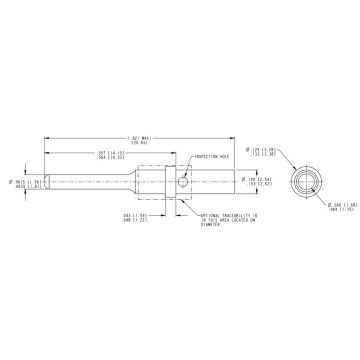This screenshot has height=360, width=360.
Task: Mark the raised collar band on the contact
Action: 169,181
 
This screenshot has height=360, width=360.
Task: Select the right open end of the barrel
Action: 236,181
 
